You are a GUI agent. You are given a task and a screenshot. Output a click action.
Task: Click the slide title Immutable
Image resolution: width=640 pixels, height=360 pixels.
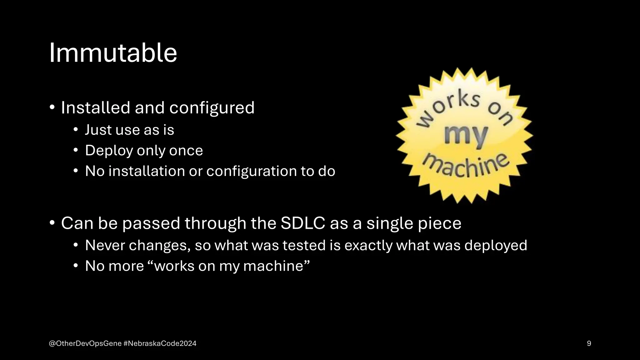click(113, 53)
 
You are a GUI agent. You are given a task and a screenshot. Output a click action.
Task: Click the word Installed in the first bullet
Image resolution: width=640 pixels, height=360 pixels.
click(95, 108)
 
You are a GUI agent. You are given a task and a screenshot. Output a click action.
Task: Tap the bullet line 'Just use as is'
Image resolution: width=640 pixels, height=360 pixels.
click(129, 130)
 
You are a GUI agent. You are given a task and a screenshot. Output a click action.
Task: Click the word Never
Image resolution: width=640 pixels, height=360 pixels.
click(105, 245)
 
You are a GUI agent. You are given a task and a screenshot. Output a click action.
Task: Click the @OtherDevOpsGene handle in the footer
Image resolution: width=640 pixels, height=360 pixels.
click(85, 343)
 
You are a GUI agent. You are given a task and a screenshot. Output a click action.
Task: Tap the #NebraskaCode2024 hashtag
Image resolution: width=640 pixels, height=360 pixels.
click(160, 343)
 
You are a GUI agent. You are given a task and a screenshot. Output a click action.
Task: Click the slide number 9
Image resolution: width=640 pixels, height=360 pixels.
click(589, 343)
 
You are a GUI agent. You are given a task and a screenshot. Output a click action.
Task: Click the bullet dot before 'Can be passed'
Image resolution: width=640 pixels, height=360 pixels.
click(52, 223)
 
